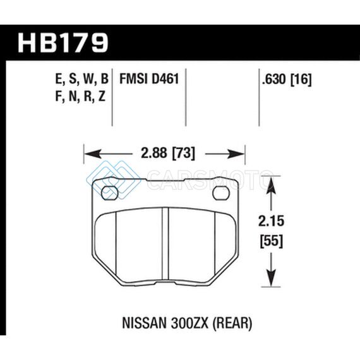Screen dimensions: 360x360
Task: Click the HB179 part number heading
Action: point(63,43)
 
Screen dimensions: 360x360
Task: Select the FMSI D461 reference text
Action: point(149,79)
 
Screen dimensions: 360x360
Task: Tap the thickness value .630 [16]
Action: point(287,80)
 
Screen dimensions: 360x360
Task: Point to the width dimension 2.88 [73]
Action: point(168,153)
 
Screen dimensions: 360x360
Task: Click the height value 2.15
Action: point(271,221)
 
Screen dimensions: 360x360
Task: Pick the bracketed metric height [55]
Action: point(271,241)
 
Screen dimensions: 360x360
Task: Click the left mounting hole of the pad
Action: point(110,193)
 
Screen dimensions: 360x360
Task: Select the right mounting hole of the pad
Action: point(221,193)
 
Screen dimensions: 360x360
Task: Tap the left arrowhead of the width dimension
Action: point(92,153)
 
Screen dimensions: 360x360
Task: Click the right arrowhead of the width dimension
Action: point(236,153)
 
